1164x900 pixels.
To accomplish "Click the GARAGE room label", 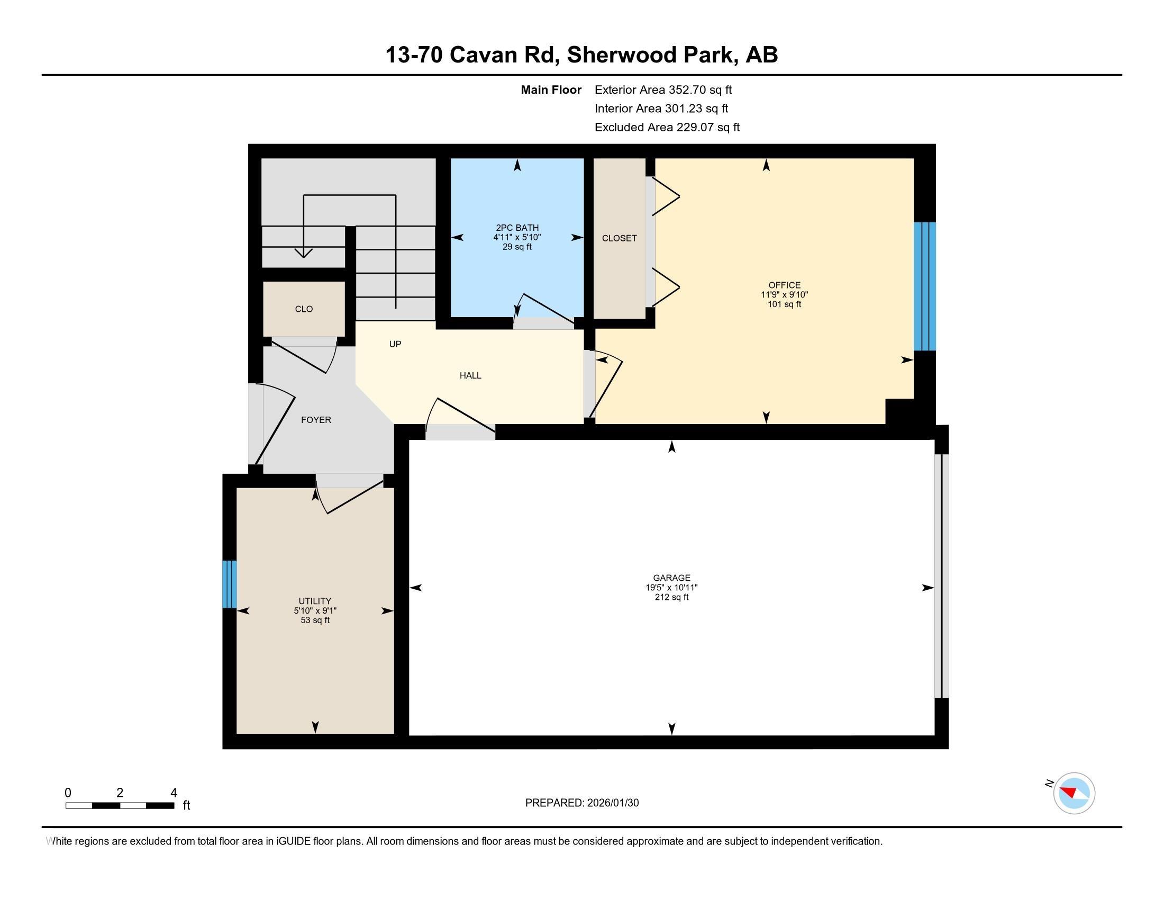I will click(671, 578).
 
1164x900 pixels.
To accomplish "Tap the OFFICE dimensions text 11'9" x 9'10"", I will click(784, 295).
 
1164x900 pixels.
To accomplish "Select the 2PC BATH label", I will click(517, 228).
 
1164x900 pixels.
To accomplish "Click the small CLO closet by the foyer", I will click(304, 309).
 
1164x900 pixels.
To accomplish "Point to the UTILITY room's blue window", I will click(229, 584).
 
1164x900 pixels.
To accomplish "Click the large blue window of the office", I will click(925, 286).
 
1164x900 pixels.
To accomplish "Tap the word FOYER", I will click(316, 420).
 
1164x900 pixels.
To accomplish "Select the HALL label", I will click(470, 376).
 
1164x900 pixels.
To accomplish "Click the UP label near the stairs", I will click(395, 345).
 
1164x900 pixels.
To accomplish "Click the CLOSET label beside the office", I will click(620, 238).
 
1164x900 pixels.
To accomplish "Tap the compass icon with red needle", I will click(1074, 793).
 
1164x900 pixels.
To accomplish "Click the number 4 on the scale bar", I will click(173, 793).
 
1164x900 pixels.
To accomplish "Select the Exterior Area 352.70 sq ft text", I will click(663, 90).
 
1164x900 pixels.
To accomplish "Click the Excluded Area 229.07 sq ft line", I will click(667, 128).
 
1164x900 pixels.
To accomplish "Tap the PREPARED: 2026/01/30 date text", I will click(581, 803).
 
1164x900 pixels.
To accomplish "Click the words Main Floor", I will click(551, 90).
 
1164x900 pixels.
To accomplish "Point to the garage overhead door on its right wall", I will click(942, 576).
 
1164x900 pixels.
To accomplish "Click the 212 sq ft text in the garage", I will click(671, 597).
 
